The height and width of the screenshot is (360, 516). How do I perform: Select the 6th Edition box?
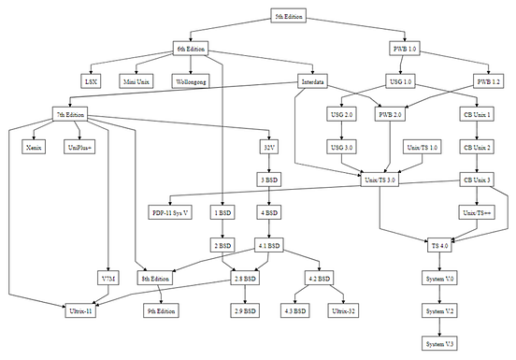(x=192, y=49)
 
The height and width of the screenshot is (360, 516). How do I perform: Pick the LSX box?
(x=91, y=81)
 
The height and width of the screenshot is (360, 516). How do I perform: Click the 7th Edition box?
(x=70, y=114)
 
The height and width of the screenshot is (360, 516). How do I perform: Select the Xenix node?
(x=34, y=147)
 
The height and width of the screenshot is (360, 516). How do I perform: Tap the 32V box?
(x=268, y=147)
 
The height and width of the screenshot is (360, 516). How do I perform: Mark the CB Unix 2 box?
(x=478, y=147)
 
